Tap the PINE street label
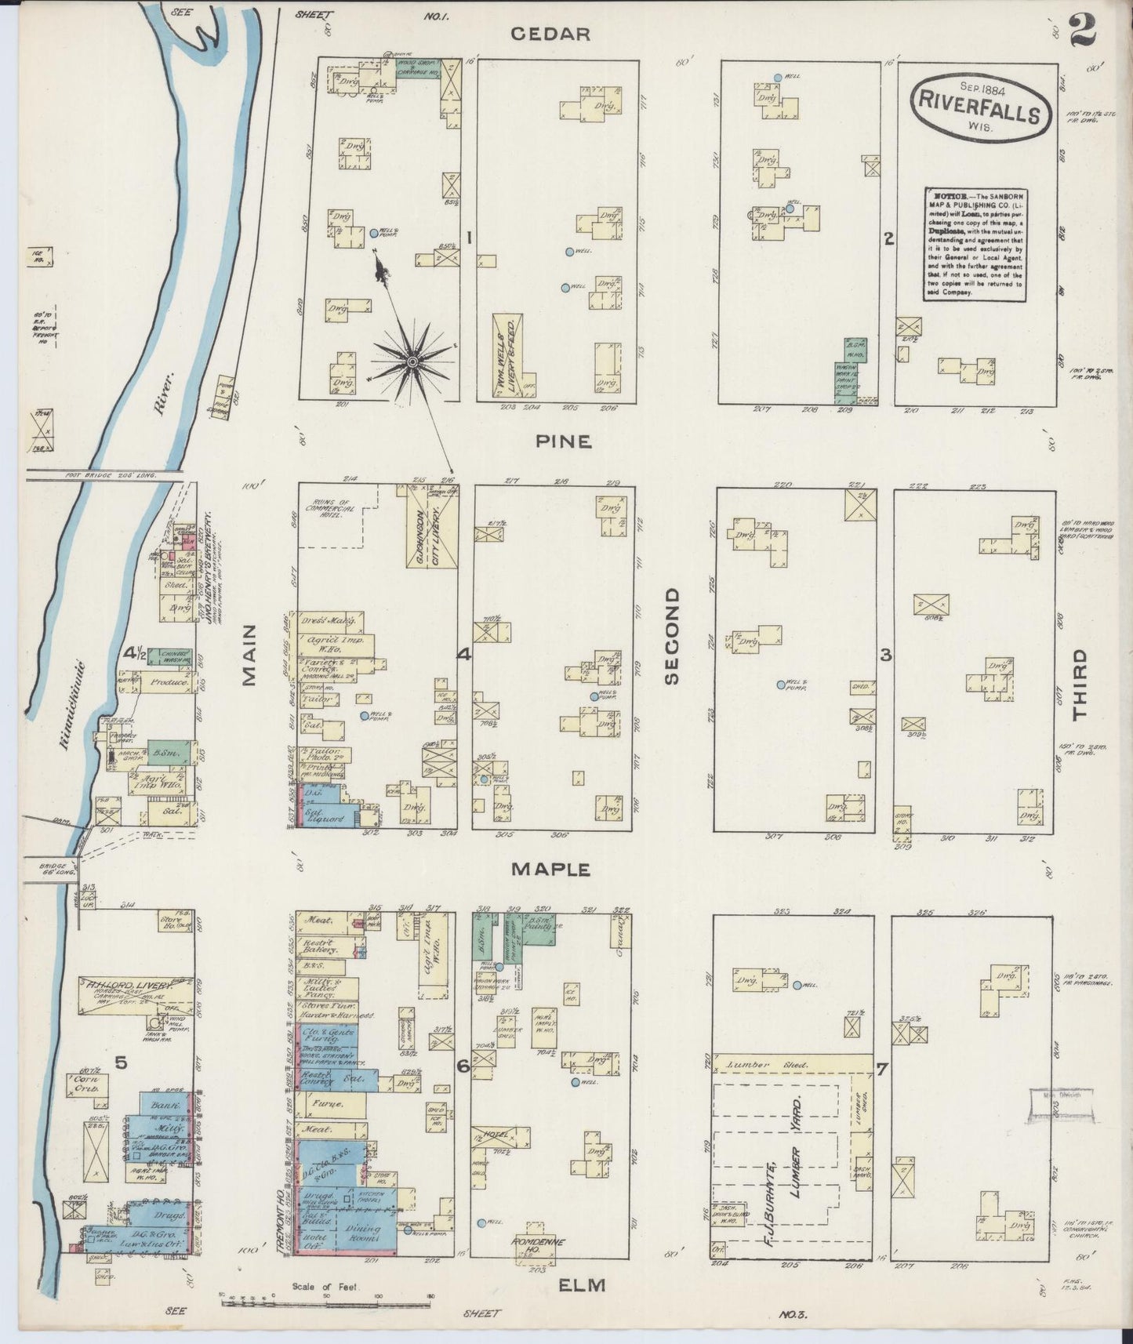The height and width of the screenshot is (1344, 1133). (563, 442)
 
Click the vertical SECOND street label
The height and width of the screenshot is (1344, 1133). (671, 637)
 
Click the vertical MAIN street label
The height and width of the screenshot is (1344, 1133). (250, 655)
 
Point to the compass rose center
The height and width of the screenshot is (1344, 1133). (412, 361)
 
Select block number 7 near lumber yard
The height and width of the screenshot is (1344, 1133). (882, 1068)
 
